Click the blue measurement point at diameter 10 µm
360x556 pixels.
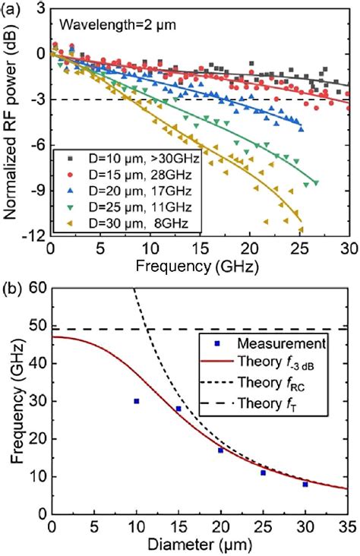[137, 401]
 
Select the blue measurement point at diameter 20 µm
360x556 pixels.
[221, 450]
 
